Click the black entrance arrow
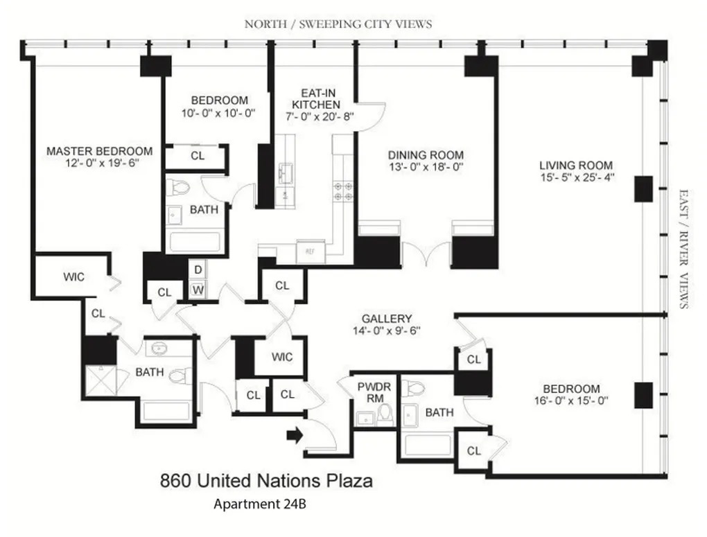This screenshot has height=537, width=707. pyautogui.click(x=294, y=435)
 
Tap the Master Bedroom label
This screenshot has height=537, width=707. pyautogui.click(x=99, y=151)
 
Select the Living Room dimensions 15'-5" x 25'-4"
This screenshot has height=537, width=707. pyautogui.click(x=576, y=177)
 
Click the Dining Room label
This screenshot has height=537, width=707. pyautogui.click(x=426, y=155)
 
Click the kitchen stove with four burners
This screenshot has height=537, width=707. pyautogui.click(x=341, y=191)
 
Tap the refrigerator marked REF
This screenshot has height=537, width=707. pyautogui.click(x=310, y=251)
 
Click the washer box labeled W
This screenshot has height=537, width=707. pyautogui.click(x=198, y=290)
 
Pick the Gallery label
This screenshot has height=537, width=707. pyautogui.click(x=392, y=318)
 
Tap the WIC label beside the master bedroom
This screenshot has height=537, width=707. pyautogui.click(x=73, y=277)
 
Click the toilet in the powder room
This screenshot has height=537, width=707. pyautogui.click(x=385, y=415)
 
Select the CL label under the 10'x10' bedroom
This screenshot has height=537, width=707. pyautogui.click(x=198, y=156)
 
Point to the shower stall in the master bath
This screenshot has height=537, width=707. pyautogui.click(x=98, y=380)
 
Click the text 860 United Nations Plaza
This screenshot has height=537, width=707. pyautogui.click(x=266, y=480)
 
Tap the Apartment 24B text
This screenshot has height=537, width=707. pyautogui.click(x=259, y=504)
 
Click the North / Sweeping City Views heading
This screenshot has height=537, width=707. pyautogui.click(x=338, y=24)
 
